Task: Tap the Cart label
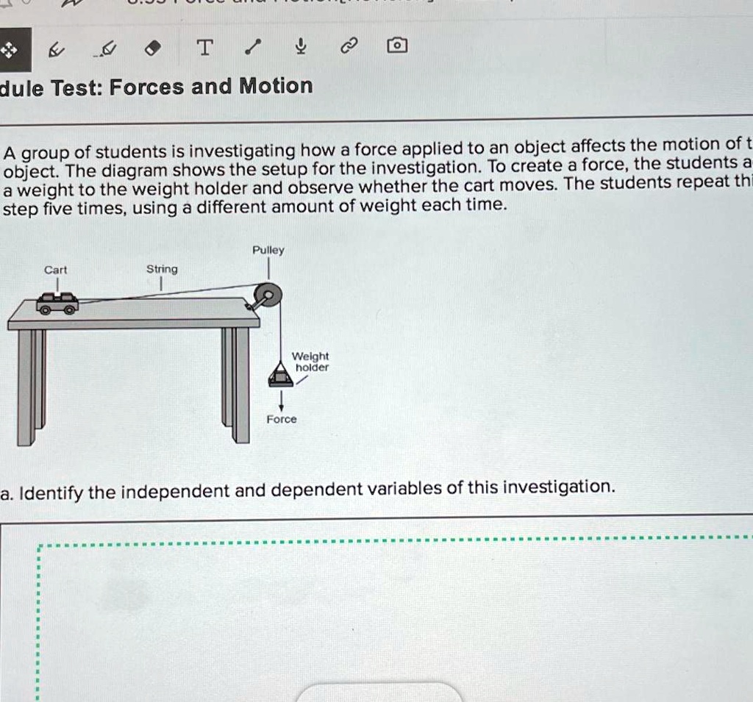(55, 270)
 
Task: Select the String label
(162, 269)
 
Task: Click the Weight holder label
(311, 362)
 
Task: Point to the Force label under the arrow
(282, 419)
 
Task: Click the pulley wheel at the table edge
(265, 298)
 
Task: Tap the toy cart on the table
(58, 302)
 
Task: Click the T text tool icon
(206, 49)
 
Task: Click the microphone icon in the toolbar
(299, 49)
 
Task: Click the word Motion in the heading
(276, 86)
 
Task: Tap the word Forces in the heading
(146, 87)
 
